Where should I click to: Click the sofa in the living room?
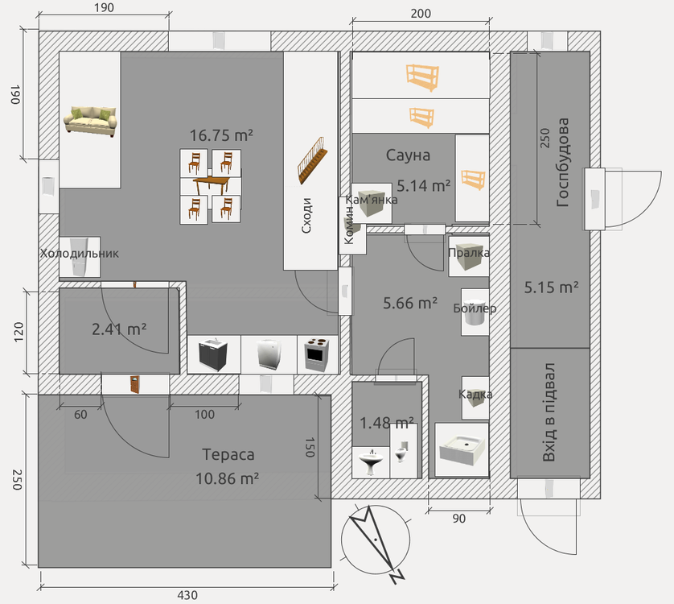[90, 121]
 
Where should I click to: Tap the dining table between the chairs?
[212, 185]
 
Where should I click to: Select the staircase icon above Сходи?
[311, 161]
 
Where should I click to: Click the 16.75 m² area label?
[221, 135]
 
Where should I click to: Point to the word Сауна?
[408, 155]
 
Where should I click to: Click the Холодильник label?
[79, 253]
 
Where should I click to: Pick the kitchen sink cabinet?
[213, 354]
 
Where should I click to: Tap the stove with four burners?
[317, 354]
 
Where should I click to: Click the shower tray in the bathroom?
[462, 450]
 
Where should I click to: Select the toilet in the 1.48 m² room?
[401, 450]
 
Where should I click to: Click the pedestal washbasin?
[372, 461]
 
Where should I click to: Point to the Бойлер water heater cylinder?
[475, 312]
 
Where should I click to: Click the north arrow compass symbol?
[376, 540]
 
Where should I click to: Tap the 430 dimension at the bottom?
[187, 595]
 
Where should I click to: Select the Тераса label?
[228, 455]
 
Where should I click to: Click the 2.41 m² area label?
[119, 329]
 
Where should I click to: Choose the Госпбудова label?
[562, 163]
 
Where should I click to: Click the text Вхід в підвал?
[549, 412]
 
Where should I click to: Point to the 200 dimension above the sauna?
[421, 14]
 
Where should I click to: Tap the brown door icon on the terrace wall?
[135, 384]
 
